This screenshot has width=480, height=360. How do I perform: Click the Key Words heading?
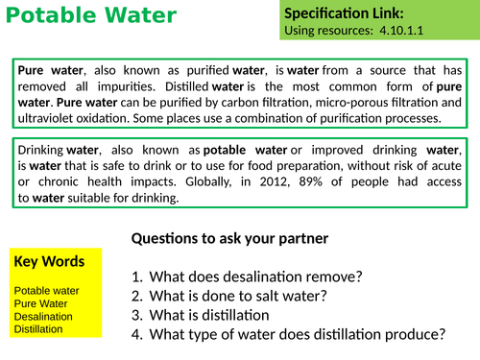(49, 261)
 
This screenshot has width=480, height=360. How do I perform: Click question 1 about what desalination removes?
(254, 277)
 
